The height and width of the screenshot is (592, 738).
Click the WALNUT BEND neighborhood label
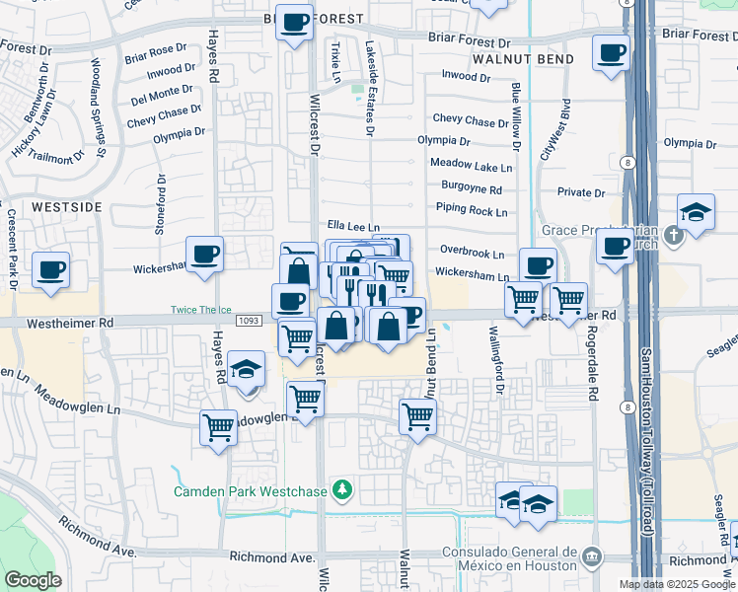click(x=508, y=59)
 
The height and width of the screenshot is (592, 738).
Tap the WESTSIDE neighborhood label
click(x=67, y=207)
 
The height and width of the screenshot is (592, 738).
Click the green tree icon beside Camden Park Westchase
click(x=342, y=489)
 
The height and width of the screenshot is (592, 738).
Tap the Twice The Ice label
click(x=199, y=309)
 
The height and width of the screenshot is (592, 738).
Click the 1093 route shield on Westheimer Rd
click(x=249, y=322)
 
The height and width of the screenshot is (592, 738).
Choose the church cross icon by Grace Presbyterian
click(x=673, y=235)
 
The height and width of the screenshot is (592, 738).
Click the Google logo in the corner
click(x=34, y=580)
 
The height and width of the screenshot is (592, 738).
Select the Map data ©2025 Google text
click(x=676, y=584)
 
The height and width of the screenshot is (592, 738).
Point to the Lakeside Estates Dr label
click(x=370, y=89)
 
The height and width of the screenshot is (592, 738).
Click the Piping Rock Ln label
click(x=472, y=210)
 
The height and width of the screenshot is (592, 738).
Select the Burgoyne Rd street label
click(x=471, y=189)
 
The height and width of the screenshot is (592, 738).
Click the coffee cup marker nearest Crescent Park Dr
click(x=50, y=269)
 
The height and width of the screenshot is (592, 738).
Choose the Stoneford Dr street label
click(x=160, y=204)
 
